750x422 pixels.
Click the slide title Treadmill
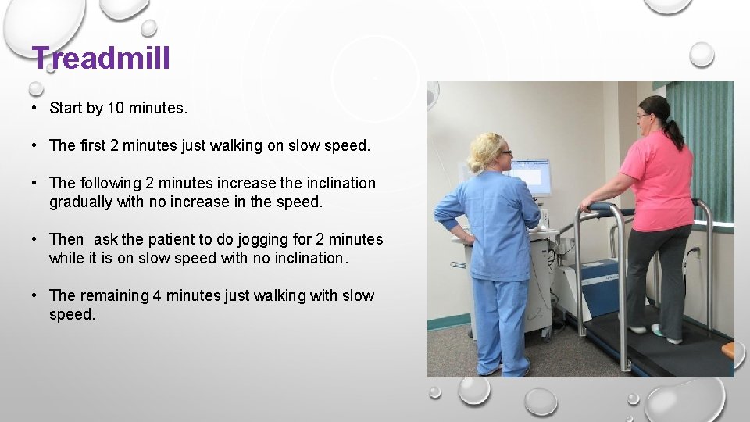click(x=101, y=58)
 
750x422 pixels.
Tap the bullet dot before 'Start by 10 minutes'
click(x=36, y=109)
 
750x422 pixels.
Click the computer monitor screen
click(x=532, y=177)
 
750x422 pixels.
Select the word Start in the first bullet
click(x=66, y=109)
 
